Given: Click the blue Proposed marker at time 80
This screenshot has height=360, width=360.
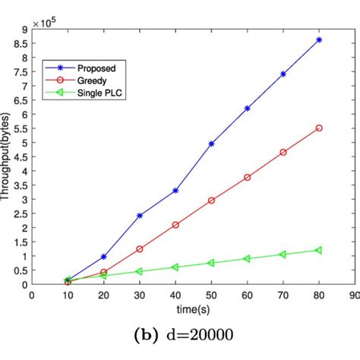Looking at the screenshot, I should [x=319, y=39].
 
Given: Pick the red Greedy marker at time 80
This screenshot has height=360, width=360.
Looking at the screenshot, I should [x=319, y=128].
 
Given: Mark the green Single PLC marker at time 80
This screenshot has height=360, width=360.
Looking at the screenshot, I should [x=319, y=250].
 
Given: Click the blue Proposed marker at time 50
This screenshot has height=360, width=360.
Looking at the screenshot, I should [x=211, y=144].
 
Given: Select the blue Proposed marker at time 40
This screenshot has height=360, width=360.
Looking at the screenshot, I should [x=175, y=191].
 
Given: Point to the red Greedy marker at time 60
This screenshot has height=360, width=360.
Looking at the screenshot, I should [x=247, y=177].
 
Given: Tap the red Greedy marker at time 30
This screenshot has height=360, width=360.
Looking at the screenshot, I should [x=140, y=248].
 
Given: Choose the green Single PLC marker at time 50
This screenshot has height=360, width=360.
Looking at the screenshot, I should [x=211, y=263].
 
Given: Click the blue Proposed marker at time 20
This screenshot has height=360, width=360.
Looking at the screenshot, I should [x=104, y=257].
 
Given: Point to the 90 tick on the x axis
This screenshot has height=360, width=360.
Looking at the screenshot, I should [x=354, y=296].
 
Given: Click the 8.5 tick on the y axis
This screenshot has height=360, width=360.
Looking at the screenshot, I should [x=21, y=43].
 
